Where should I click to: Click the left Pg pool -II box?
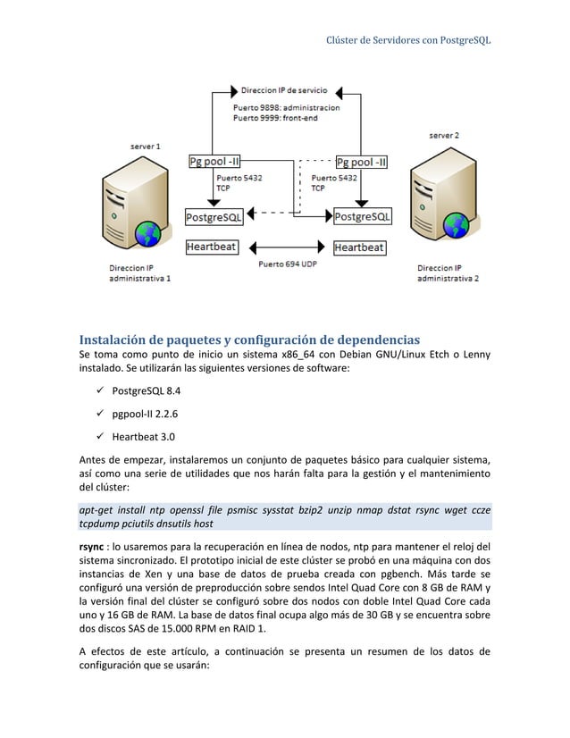214,162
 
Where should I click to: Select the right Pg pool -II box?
362,162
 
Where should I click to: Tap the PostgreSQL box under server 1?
214,216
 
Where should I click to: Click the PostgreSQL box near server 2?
362,216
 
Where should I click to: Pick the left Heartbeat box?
212,247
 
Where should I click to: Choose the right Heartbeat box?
359,247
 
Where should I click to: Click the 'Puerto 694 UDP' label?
288,264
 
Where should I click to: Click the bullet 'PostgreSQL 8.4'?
147,390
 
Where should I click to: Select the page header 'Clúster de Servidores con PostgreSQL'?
409,41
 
